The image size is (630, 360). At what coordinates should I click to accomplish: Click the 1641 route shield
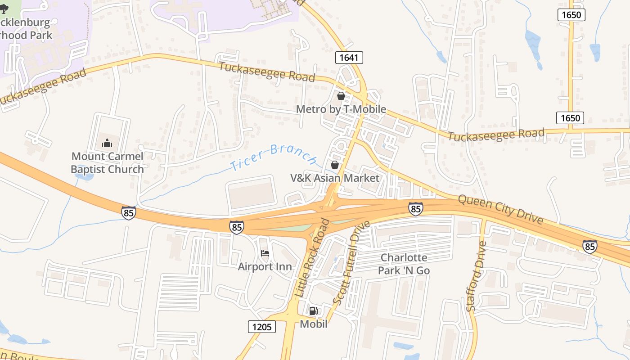[x=349, y=57]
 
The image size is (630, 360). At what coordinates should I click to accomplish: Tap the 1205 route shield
[x=262, y=326]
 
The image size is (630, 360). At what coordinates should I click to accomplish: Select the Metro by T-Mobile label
[x=341, y=109]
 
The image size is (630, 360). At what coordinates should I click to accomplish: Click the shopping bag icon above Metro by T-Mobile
[x=341, y=96]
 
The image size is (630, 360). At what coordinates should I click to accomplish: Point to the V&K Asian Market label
[x=335, y=178]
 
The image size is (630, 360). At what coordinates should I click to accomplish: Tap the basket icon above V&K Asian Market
[x=335, y=165]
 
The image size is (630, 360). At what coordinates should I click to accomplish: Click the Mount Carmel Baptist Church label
[x=108, y=163]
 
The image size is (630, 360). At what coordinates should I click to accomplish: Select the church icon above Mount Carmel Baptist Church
[x=107, y=144]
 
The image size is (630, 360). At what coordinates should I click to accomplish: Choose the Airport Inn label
[x=265, y=267]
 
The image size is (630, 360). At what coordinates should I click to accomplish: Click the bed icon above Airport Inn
[x=265, y=254]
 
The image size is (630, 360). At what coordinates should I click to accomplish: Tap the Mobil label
[x=314, y=324]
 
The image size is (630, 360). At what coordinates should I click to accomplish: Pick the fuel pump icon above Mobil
[x=314, y=310]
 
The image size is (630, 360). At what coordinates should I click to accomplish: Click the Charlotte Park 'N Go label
[x=404, y=264]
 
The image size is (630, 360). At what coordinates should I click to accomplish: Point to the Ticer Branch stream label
[x=274, y=157]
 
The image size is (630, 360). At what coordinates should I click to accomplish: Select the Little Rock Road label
[x=313, y=257]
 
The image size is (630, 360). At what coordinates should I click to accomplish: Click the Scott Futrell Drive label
[x=351, y=262]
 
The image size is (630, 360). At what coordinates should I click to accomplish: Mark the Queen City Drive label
[x=501, y=209]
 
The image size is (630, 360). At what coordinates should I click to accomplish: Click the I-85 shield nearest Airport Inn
[x=236, y=227]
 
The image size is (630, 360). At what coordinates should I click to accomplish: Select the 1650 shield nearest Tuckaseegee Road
[x=570, y=118]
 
